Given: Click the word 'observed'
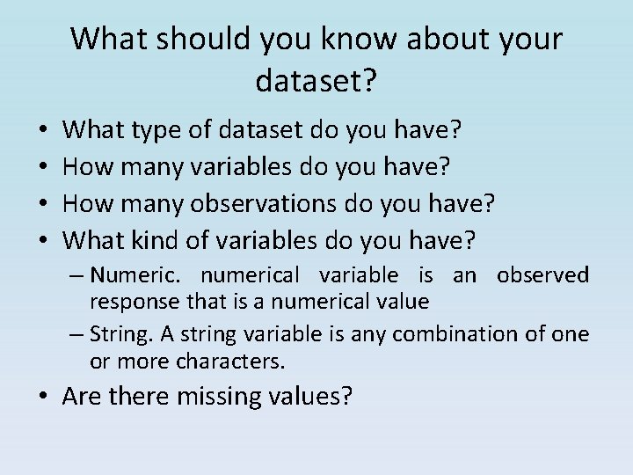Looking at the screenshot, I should point(542,275).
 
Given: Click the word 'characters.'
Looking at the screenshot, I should point(231,361).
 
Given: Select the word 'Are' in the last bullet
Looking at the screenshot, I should point(84,397).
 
